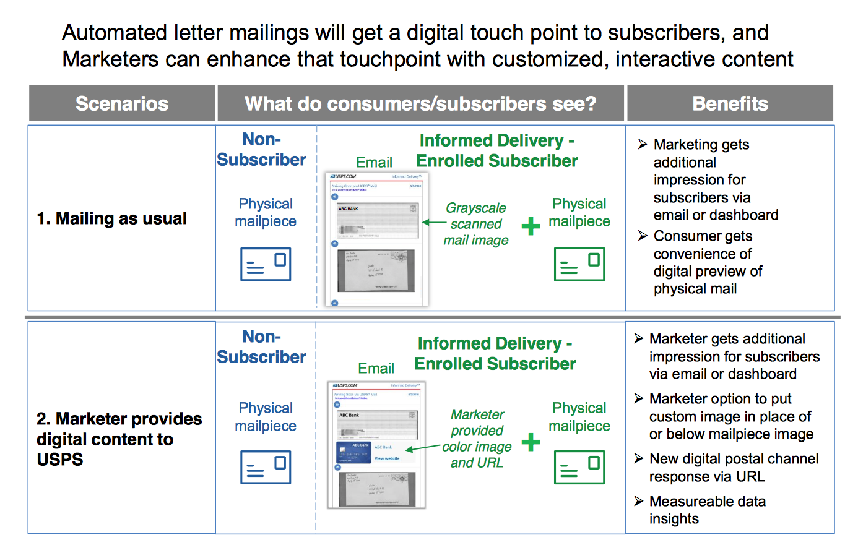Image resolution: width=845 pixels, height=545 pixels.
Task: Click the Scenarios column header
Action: pyautogui.click(x=122, y=103)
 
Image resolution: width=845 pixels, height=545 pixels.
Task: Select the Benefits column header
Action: pyautogui.click(x=730, y=103)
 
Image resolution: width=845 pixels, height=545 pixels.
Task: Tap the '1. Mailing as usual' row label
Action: pyautogui.click(x=112, y=218)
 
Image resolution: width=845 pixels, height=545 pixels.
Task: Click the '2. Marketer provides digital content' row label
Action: pyautogui.click(x=119, y=439)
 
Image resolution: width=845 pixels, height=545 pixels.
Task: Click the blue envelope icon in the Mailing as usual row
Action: pyautogui.click(x=265, y=264)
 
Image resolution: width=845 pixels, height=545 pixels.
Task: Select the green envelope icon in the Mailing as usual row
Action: pyautogui.click(x=579, y=264)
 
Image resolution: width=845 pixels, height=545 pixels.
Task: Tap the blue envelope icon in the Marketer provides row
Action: pyautogui.click(x=265, y=467)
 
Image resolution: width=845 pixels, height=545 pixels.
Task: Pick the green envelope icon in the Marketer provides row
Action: pyautogui.click(x=579, y=467)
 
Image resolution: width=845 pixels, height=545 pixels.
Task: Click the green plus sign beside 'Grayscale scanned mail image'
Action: pyautogui.click(x=531, y=226)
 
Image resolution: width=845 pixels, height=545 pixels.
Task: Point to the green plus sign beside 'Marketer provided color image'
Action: pyautogui.click(x=531, y=442)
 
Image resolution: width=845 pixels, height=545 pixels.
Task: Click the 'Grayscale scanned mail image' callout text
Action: pyautogui.click(x=475, y=224)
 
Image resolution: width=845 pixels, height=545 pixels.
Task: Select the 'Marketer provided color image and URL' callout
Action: pyautogui.click(x=477, y=439)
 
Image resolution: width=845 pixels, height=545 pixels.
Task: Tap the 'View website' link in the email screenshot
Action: pyautogui.click(x=387, y=458)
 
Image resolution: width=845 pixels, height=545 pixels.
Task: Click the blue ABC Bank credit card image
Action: pyautogui.click(x=353, y=452)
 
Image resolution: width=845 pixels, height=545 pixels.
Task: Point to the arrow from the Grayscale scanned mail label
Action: pyautogui.click(x=433, y=221)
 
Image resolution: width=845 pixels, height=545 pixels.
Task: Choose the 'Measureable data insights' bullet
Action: pyautogui.click(x=707, y=510)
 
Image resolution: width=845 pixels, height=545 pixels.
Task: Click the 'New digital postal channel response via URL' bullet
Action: pyautogui.click(x=733, y=468)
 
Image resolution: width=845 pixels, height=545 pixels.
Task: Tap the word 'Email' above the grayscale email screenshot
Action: pyautogui.click(x=374, y=163)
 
